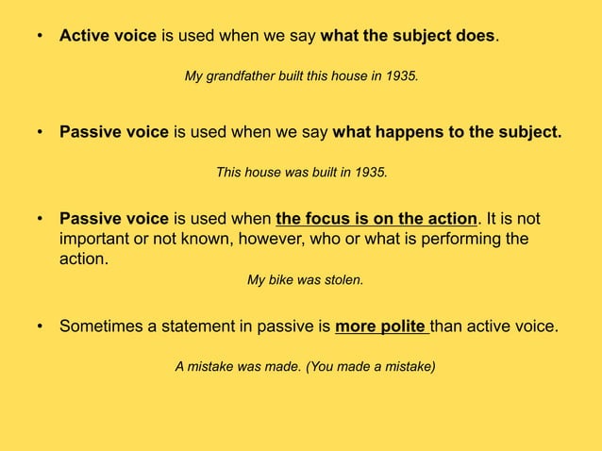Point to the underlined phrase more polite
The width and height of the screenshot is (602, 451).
tap(380, 327)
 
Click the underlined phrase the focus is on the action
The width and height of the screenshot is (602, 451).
tap(376, 220)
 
